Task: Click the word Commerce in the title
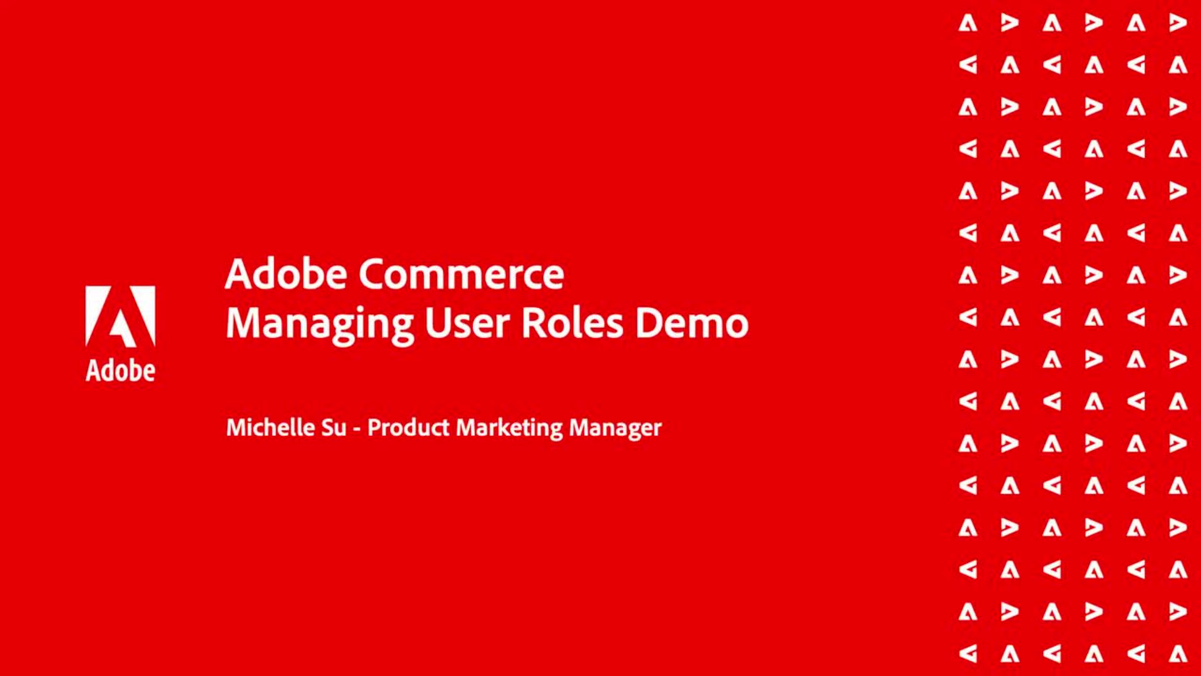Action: (x=461, y=274)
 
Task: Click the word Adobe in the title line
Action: (x=286, y=274)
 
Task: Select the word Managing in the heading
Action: (x=319, y=324)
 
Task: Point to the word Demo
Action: (x=691, y=323)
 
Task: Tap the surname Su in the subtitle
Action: (x=333, y=428)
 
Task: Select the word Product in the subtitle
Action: (x=408, y=428)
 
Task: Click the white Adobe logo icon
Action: (x=120, y=316)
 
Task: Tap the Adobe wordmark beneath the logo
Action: (x=120, y=371)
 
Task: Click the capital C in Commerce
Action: (x=371, y=274)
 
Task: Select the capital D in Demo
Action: (x=648, y=323)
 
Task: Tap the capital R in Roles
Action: (x=533, y=323)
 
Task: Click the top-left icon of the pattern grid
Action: (x=968, y=23)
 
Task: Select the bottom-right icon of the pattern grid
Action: (x=1178, y=653)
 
